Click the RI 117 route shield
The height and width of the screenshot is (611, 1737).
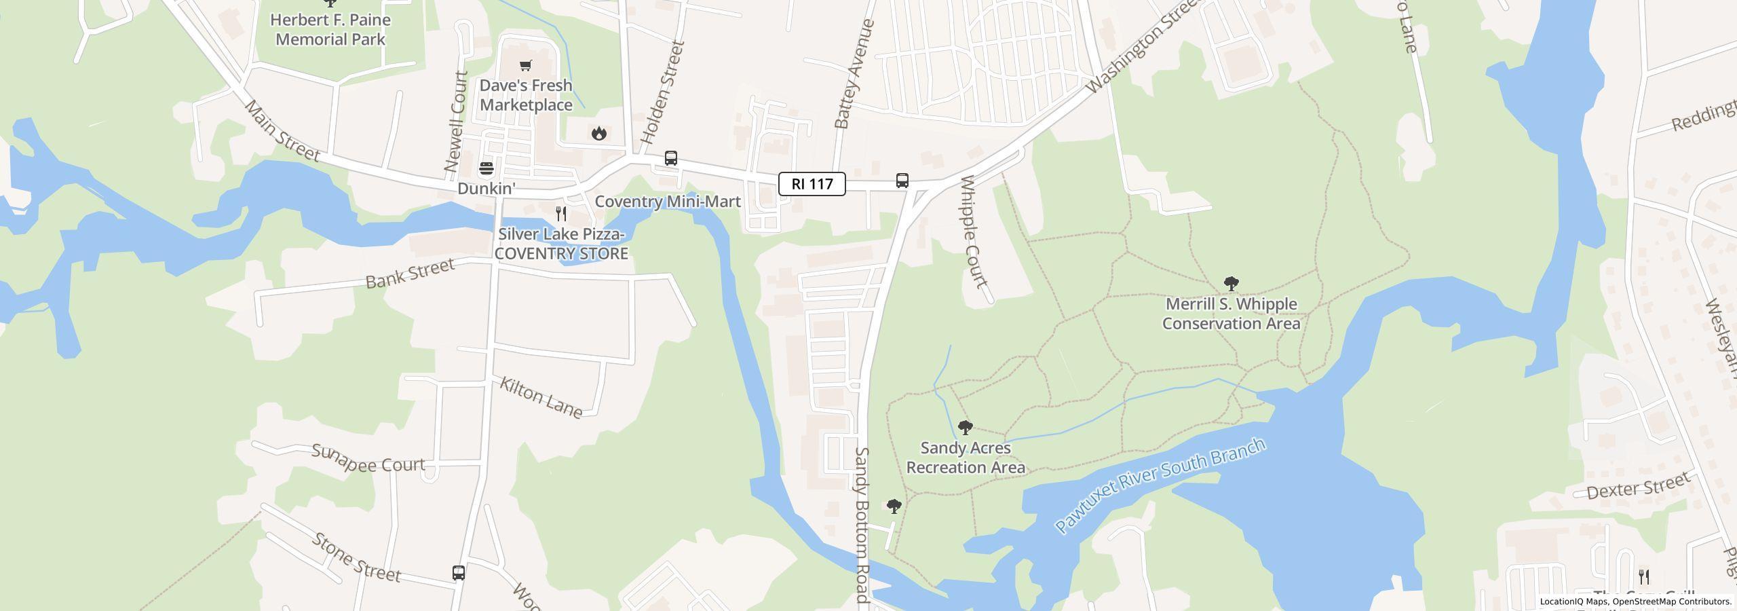(812, 184)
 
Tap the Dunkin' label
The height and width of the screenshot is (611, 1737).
(486, 189)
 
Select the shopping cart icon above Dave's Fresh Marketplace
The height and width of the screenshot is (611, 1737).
(525, 66)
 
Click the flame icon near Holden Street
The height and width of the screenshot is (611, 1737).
(598, 133)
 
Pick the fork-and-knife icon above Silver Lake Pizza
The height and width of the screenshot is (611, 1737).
(561, 214)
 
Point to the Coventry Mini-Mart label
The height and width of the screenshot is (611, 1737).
(668, 202)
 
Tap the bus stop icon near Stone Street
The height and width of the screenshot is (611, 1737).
(459, 572)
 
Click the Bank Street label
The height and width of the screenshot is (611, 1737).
(410, 273)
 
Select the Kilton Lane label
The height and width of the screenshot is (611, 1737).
(541, 397)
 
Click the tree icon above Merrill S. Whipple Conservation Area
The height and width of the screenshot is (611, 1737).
(1231, 284)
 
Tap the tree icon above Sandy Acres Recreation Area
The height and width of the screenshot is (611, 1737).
(965, 428)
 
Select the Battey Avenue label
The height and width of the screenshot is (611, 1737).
(854, 74)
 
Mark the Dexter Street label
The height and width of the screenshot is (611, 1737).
(1638, 486)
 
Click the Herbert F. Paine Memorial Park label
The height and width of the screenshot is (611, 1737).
(330, 29)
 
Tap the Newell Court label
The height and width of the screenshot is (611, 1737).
(455, 122)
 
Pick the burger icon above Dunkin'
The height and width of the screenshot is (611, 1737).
(486, 168)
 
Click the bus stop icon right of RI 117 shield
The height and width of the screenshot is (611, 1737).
(902, 181)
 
